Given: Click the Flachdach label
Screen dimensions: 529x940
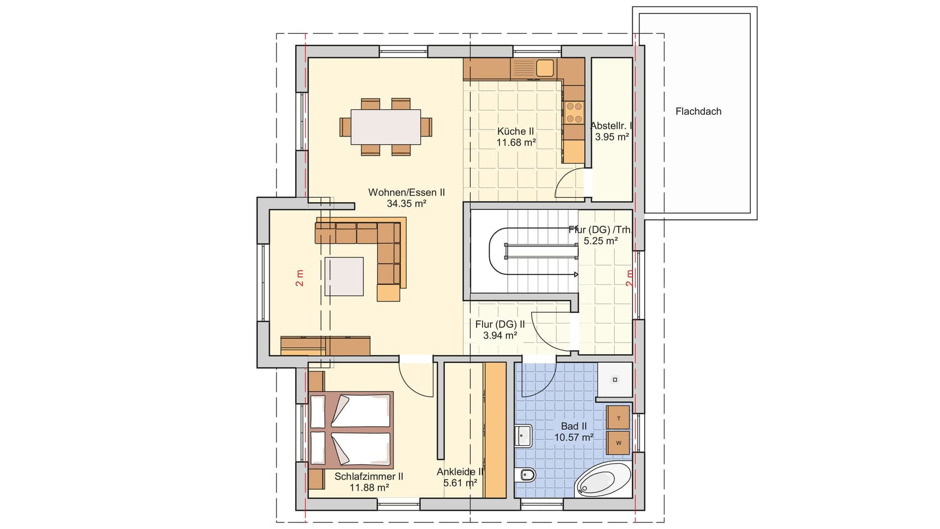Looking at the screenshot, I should tap(698, 111).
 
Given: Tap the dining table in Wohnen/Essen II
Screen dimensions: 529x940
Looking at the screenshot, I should tap(386, 127).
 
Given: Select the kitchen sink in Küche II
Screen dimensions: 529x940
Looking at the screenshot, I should tap(544, 68).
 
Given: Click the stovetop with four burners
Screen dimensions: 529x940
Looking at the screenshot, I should tap(574, 112).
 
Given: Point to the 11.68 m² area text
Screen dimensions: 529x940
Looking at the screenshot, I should tap(515, 143).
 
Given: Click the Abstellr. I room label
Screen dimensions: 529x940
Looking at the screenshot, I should tap(610, 126).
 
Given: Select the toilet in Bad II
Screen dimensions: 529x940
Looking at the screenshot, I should tap(526, 475).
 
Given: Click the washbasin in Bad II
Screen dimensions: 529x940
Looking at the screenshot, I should tap(524, 436).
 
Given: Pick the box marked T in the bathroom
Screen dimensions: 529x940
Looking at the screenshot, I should tap(618, 418).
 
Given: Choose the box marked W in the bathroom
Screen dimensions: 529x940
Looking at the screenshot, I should tap(618, 443).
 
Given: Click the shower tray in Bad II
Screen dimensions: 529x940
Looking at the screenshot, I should tap(615, 379).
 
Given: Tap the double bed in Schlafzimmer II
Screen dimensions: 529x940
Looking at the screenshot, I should tap(351, 430).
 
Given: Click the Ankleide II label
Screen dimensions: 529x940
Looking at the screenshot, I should tap(460, 472).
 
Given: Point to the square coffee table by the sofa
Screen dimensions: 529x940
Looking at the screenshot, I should tap(344, 277).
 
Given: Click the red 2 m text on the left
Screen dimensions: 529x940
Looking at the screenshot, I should tap(299, 278).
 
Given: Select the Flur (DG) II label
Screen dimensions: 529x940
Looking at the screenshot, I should tap(500, 324).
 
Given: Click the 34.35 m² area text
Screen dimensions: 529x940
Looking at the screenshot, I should tap(406, 204).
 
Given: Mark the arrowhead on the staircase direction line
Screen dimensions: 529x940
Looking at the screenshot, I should tap(575, 275).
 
